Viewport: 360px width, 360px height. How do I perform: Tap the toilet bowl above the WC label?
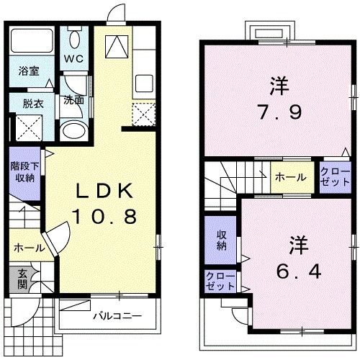75,37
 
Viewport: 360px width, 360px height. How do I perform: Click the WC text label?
73,58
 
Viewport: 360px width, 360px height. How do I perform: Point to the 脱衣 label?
33,103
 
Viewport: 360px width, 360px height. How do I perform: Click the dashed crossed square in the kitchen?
146,114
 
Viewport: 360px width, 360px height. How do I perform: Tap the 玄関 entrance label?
21,279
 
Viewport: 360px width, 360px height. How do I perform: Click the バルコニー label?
116,316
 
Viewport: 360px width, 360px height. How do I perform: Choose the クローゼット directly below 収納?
220,281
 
